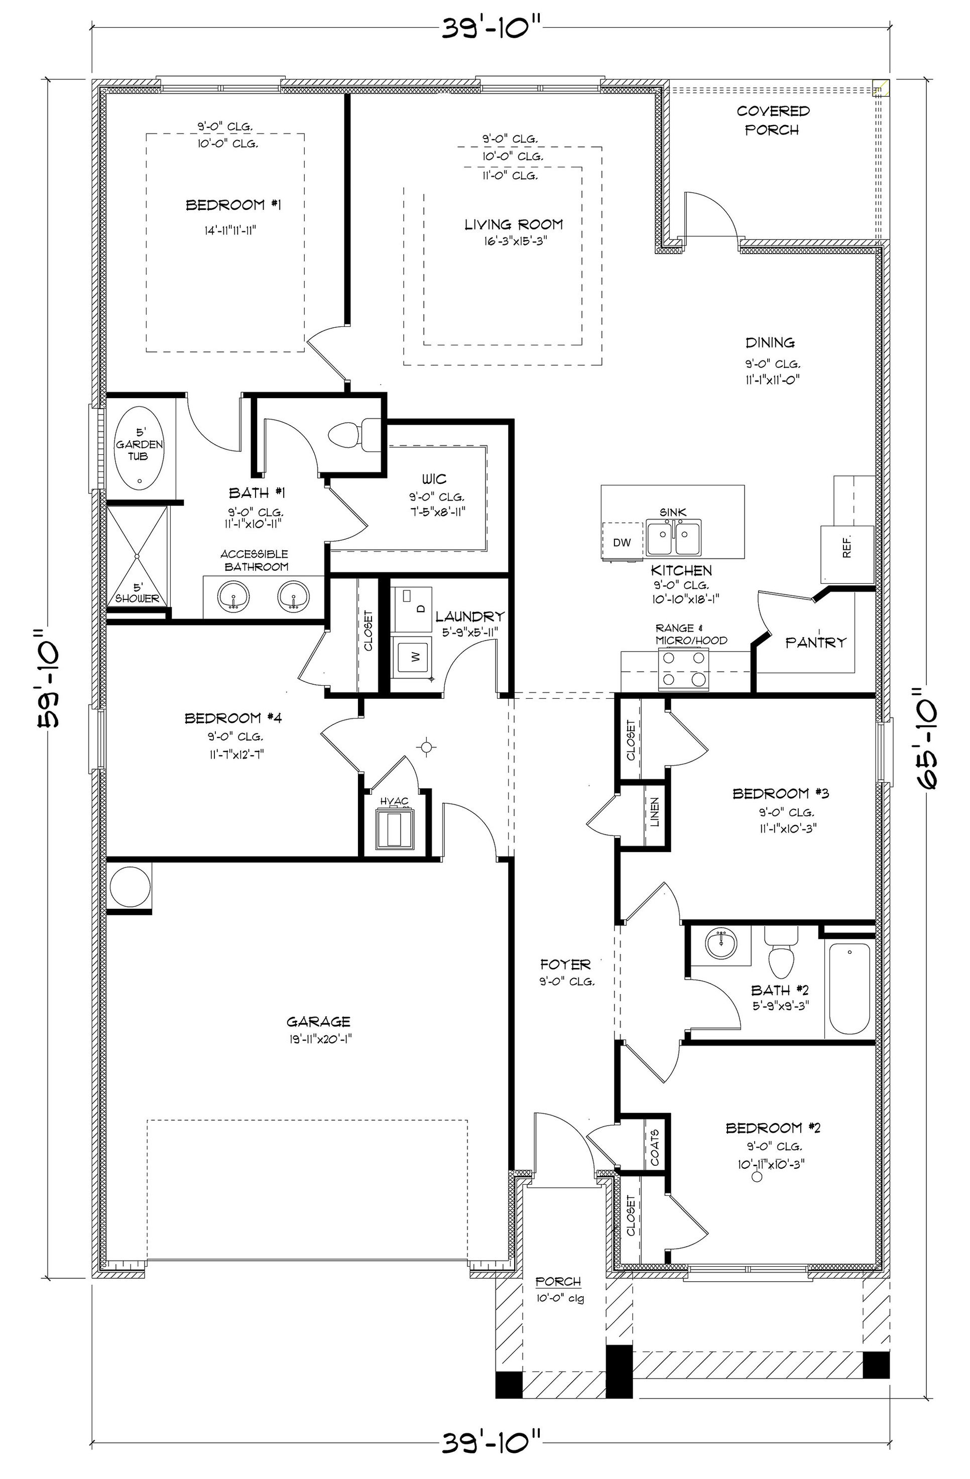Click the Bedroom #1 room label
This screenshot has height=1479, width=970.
pyautogui.click(x=233, y=204)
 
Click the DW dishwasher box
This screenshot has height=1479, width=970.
pyautogui.click(x=622, y=542)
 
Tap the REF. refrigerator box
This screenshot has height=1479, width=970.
pyautogui.click(x=847, y=554)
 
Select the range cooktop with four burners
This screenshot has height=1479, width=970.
pyautogui.click(x=683, y=669)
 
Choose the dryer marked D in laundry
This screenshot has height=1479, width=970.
pyautogui.click(x=413, y=604)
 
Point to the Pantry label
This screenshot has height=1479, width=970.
pyautogui.click(x=815, y=643)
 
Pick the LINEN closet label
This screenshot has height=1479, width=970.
pyautogui.click(x=654, y=812)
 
